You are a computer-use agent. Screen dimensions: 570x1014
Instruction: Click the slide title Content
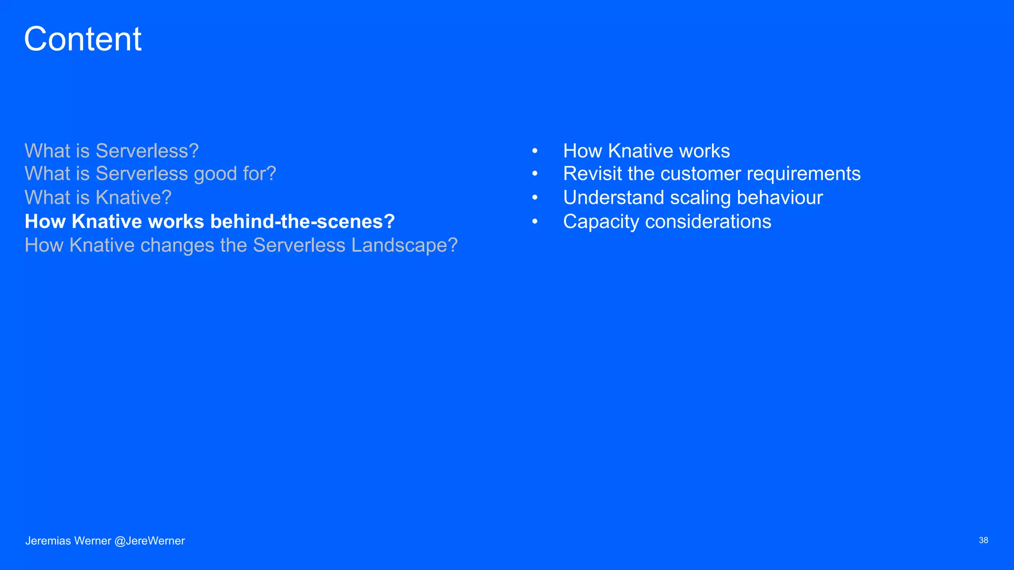(83, 39)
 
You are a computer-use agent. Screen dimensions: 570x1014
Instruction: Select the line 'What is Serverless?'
(111, 151)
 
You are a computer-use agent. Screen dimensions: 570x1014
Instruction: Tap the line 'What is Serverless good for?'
(150, 174)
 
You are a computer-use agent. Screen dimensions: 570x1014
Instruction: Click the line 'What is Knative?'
(98, 198)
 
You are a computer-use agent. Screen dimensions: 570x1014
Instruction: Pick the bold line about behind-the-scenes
(209, 222)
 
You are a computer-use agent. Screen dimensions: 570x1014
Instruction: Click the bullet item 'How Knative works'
(646, 151)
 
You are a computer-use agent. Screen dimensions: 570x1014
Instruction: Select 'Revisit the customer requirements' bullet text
(711, 174)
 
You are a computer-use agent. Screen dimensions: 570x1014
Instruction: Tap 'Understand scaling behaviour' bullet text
(693, 198)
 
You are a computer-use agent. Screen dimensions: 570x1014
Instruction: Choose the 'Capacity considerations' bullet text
(667, 222)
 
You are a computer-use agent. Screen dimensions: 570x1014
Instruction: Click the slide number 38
(983, 540)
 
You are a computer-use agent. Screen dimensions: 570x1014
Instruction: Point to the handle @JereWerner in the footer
(150, 541)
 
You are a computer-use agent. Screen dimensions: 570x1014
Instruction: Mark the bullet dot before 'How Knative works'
(535, 151)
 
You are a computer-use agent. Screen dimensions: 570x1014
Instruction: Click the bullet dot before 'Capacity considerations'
(535, 222)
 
